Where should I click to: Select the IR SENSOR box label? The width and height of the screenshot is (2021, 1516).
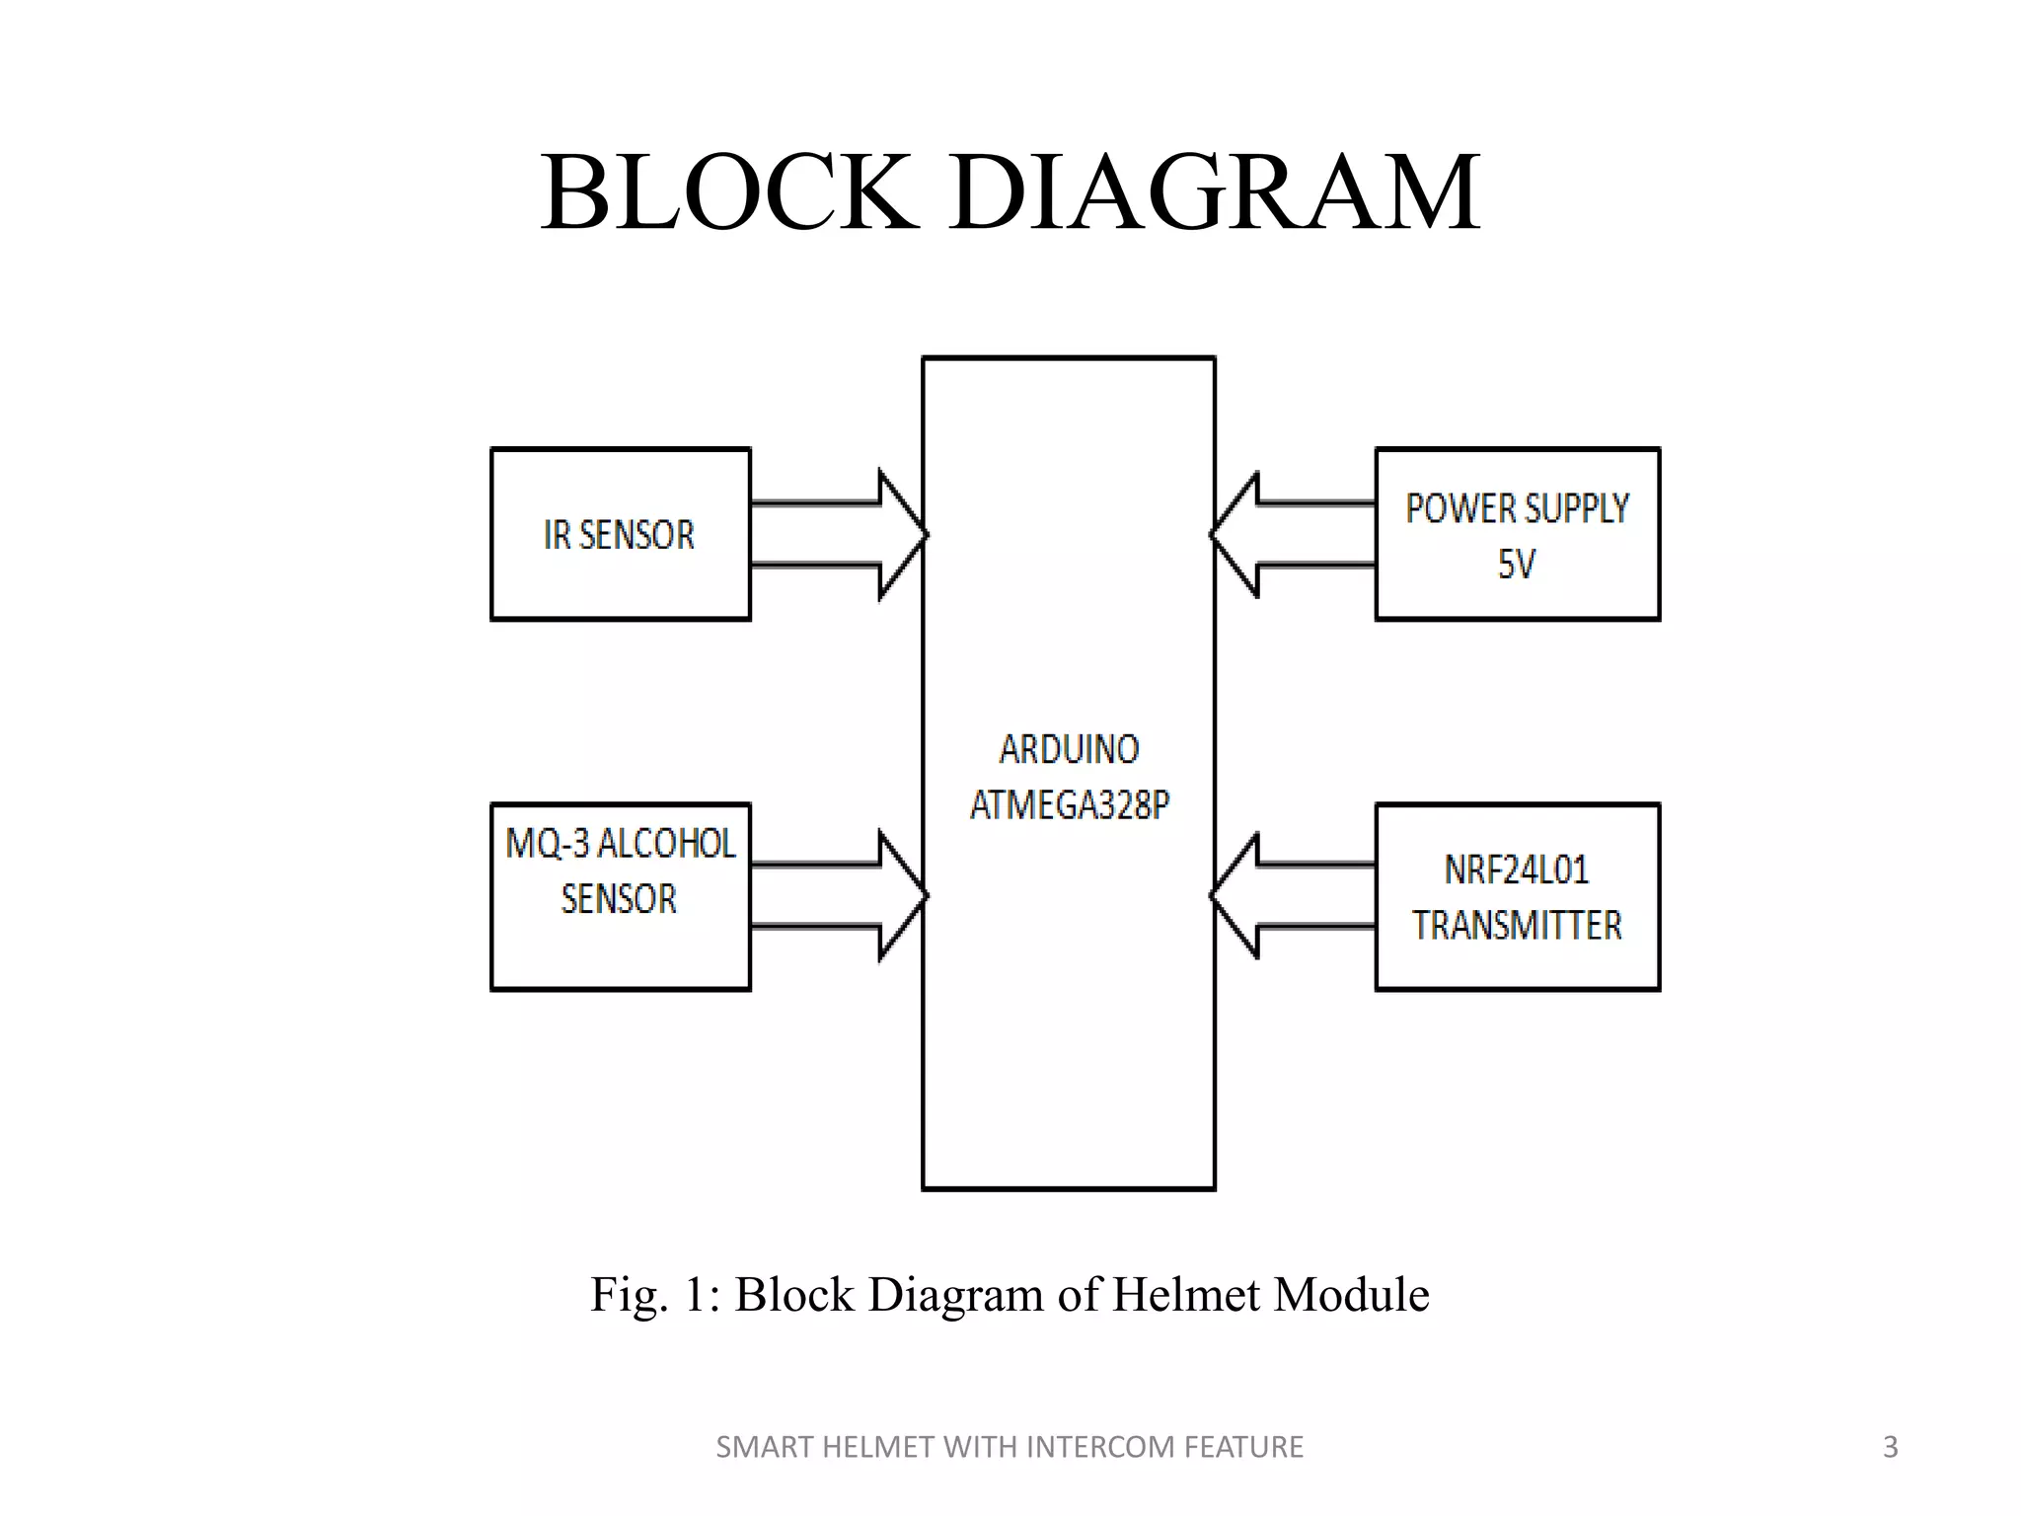[619, 535]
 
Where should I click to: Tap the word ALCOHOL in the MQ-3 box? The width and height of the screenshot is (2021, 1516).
[667, 844]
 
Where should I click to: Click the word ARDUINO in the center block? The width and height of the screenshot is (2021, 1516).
[1069, 750]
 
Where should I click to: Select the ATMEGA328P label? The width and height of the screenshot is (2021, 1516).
[1069, 805]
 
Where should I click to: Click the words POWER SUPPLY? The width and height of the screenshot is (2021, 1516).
[1517, 509]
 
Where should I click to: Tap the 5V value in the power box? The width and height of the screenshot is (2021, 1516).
[1517, 565]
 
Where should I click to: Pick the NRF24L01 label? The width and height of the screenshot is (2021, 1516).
[1517, 870]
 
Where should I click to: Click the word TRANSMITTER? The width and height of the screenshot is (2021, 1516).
[1517, 926]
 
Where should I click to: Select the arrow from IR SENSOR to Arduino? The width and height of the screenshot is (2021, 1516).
[839, 535]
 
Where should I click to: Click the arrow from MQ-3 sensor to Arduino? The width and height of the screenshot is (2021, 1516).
[839, 896]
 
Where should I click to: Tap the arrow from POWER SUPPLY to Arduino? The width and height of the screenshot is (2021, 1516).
[1293, 535]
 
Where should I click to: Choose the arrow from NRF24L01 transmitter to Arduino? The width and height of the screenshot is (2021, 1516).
[1293, 896]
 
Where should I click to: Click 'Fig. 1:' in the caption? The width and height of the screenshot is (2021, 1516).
[655, 1295]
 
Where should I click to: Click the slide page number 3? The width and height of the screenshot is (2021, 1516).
[1890, 1447]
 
